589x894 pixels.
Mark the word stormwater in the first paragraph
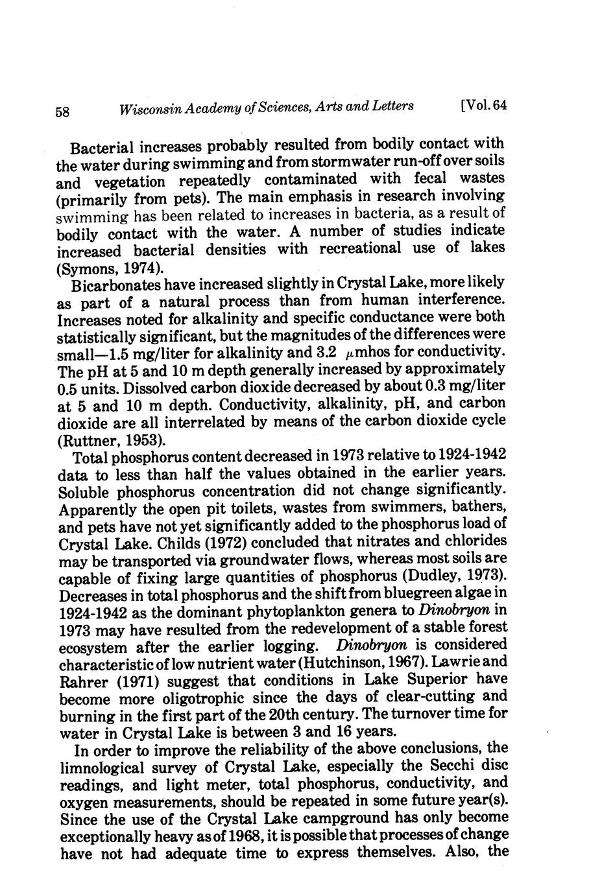point(357,161)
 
